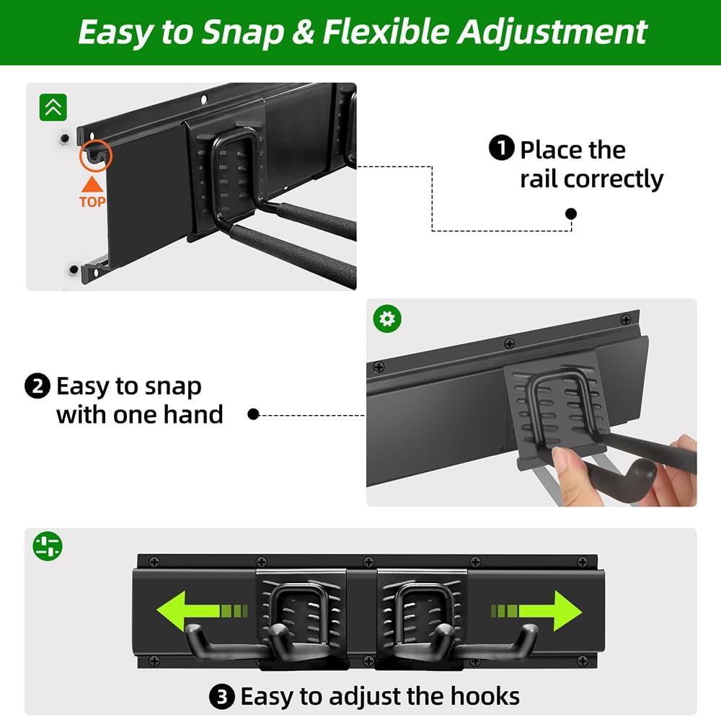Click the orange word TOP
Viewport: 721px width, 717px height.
pyautogui.click(x=92, y=202)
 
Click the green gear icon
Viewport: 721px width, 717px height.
pyautogui.click(x=387, y=319)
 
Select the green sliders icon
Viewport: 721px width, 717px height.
pyautogui.click(x=48, y=545)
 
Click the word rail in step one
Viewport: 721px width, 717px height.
pyautogui.click(x=539, y=179)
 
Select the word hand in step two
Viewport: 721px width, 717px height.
pyautogui.click(x=193, y=415)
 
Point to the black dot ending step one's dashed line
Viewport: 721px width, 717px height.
pyautogui.click(x=571, y=213)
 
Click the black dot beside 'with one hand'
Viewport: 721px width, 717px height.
pyautogui.click(x=253, y=414)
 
